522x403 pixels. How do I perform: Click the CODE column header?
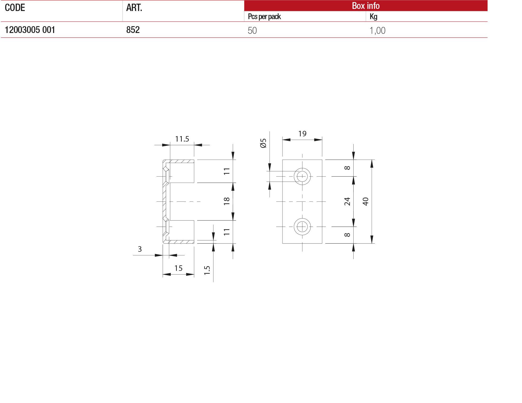coord(15,8)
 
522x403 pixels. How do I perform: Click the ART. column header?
coord(134,8)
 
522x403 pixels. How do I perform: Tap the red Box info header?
coord(366,5)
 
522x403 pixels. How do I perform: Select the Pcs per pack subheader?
coord(264,17)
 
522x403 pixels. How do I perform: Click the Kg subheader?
coord(373,17)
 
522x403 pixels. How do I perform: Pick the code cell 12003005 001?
coord(30,30)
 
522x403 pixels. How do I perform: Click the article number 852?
coord(133,30)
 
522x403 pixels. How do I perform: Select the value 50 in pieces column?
coord(252,31)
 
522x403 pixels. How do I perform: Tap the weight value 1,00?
coord(377,31)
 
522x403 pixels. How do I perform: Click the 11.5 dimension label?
coord(182,139)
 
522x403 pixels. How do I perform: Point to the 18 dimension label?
coord(226,201)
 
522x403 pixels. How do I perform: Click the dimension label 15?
coord(178,268)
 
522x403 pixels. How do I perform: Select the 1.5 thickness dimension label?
coord(207,270)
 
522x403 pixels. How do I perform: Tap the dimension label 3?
coord(140,249)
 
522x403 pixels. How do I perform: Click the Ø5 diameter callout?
coord(263,143)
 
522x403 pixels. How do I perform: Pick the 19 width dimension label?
coord(302,134)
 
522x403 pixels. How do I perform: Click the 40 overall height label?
coord(365,201)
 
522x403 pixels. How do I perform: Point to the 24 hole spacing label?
coord(347,201)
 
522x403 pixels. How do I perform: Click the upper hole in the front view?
coord(302,176)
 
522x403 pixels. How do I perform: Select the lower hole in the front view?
coord(302,227)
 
